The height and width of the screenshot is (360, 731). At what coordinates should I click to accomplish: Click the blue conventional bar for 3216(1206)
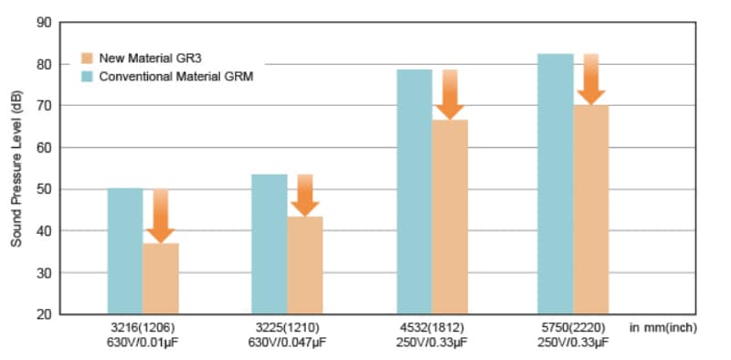pyautogui.click(x=125, y=251)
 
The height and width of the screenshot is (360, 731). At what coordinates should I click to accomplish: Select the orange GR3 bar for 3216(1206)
pyautogui.click(x=161, y=279)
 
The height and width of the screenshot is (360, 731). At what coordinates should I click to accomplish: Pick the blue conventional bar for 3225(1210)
pyautogui.click(x=269, y=244)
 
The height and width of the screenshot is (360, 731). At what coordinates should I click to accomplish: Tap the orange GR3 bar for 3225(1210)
pyautogui.click(x=304, y=265)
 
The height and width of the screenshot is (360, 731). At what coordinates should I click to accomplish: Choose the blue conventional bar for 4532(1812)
pyautogui.click(x=414, y=192)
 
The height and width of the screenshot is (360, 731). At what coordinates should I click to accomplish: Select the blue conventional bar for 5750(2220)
pyautogui.click(x=556, y=183)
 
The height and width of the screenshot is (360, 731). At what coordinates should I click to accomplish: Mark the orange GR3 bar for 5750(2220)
pyautogui.click(x=591, y=209)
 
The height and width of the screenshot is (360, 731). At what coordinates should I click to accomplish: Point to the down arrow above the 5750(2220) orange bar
pyautogui.click(x=591, y=80)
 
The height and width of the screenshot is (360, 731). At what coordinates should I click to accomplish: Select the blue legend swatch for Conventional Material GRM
pyautogui.click(x=88, y=77)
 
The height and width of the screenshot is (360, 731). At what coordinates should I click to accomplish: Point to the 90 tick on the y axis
pyautogui.click(x=43, y=22)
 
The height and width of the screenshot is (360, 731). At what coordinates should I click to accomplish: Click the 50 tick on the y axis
pyautogui.click(x=43, y=189)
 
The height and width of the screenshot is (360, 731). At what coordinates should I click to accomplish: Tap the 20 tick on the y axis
pyautogui.click(x=43, y=314)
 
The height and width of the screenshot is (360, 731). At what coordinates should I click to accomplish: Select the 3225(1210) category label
pyautogui.click(x=287, y=327)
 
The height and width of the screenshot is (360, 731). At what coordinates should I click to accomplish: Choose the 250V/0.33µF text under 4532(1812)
pyautogui.click(x=430, y=343)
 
